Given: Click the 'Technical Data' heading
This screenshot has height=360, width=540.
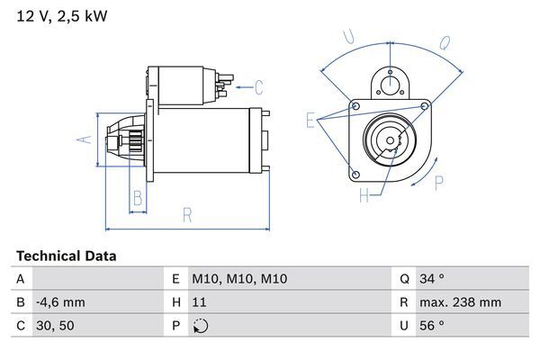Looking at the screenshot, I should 66,256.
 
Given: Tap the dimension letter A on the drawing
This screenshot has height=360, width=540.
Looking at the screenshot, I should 83,139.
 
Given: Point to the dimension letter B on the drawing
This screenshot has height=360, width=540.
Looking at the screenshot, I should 138,198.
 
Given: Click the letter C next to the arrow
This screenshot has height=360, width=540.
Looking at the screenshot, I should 258,88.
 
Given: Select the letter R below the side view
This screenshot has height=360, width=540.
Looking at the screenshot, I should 186,215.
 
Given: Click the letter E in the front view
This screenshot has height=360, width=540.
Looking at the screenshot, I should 310,121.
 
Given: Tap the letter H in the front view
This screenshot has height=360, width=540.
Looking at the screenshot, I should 364,195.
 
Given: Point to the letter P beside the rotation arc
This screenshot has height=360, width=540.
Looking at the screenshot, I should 440,183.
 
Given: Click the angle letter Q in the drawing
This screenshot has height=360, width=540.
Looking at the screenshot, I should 444,42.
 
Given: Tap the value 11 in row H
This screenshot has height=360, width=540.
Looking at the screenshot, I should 201,302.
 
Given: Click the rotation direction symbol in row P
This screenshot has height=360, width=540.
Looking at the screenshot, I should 201,326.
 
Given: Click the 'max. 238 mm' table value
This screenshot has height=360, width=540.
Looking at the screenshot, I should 463,302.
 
